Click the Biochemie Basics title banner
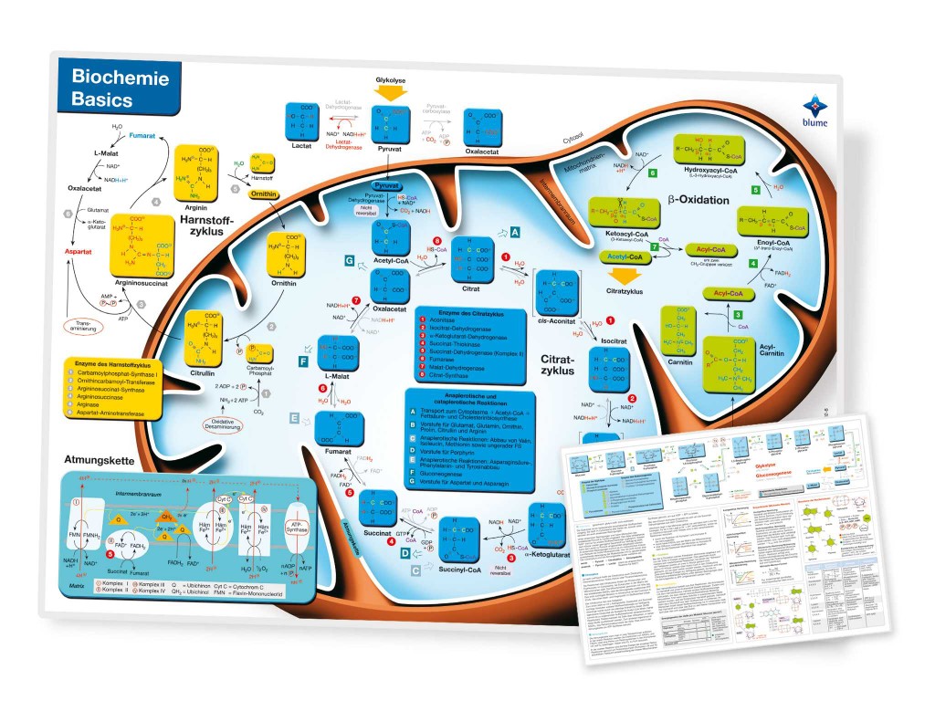[x=113, y=87]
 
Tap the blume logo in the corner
[x=830, y=109]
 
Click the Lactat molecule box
[x=303, y=121]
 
